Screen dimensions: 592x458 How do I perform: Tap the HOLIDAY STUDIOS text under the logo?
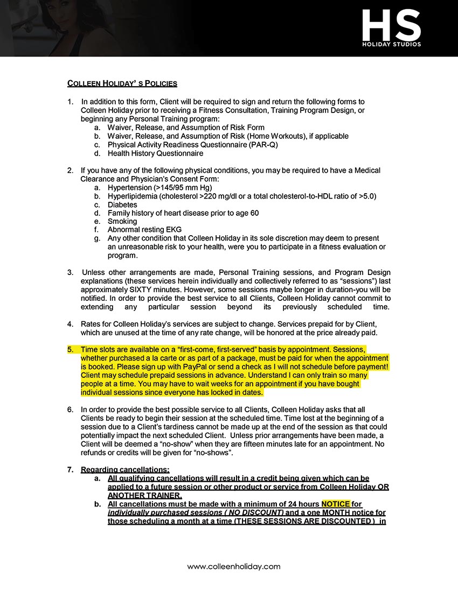391,44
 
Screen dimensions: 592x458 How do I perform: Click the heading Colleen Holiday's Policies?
122,83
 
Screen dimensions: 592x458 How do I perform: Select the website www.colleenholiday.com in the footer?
234,566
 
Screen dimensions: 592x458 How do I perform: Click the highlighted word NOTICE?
336,504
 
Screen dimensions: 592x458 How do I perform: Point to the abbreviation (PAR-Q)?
261,145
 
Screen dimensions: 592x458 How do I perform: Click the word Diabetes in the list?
122,205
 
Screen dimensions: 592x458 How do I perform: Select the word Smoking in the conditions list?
122,221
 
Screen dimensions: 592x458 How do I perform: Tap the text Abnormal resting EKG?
144,230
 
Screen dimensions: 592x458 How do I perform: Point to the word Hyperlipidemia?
131,196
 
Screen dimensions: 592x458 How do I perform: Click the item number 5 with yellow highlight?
70,349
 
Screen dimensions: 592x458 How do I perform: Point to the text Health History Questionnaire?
155,153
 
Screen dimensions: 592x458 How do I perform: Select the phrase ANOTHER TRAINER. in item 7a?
145,495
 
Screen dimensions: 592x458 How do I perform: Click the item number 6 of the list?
70,410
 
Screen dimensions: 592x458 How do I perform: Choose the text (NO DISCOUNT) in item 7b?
251,512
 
